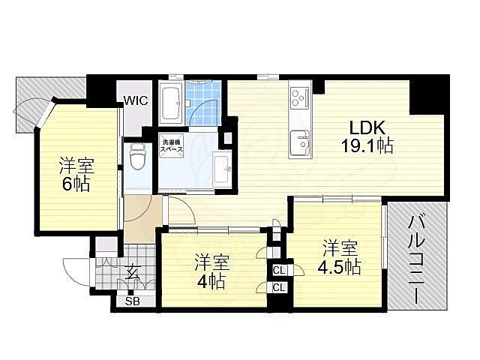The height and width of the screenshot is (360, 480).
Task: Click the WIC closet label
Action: (x=136, y=100)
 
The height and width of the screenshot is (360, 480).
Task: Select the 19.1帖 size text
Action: (x=366, y=147)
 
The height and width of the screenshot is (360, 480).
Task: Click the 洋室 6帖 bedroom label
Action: (x=75, y=175)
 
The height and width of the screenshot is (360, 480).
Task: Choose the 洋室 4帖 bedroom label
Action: (x=213, y=272)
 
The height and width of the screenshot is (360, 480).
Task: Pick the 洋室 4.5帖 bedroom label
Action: (x=340, y=256)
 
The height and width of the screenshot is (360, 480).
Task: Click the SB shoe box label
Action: (x=132, y=301)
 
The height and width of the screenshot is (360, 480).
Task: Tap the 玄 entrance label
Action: (x=133, y=272)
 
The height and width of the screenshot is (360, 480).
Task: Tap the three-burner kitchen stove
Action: (x=301, y=97)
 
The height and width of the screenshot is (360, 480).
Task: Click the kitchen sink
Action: (x=301, y=139)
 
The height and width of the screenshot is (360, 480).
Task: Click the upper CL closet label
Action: (x=278, y=270)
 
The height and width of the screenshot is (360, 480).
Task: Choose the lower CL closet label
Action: (x=278, y=287)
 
